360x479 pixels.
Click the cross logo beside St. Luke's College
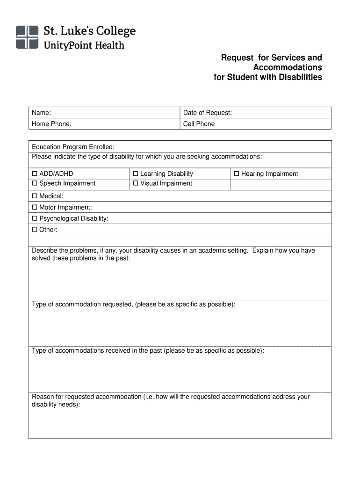[x=27, y=37]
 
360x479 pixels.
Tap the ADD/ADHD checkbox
[x=35, y=174]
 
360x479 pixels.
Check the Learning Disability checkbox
[x=136, y=174]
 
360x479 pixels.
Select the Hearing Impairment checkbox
[x=237, y=174]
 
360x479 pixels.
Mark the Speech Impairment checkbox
[x=35, y=184]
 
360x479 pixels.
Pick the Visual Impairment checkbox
[x=136, y=184]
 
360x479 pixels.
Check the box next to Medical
[x=35, y=196]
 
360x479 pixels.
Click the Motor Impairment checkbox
[x=35, y=208]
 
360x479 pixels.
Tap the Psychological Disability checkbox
[x=35, y=219]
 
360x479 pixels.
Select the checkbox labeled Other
[x=35, y=230]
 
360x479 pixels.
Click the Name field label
[x=41, y=113]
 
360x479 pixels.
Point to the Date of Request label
[x=207, y=113]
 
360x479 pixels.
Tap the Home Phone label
[x=51, y=124]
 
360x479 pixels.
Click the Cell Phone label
[x=199, y=124]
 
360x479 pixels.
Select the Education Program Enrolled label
[x=73, y=147]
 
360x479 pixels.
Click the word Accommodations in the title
[x=288, y=67]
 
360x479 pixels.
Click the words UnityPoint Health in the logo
[x=84, y=45]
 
